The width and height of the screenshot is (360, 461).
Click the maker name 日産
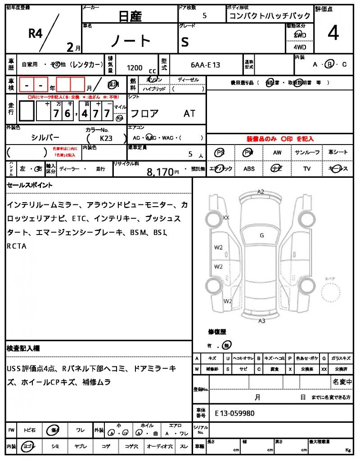[x=130, y=16]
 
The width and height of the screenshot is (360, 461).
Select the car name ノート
[x=131, y=41]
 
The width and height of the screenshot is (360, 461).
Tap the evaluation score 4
[x=333, y=34]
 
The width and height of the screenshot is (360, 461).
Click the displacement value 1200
[x=135, y=68]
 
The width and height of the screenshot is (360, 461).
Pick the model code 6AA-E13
[x=205, y=65]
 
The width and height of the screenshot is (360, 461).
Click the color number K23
[x=106, y=139]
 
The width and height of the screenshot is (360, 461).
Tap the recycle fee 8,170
[x=160, y=172]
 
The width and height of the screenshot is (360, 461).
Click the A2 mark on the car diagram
[x=261, y=192]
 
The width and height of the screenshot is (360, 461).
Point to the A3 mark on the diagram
[x=261, y=321]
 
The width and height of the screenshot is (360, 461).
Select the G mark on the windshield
[x=261, y=235]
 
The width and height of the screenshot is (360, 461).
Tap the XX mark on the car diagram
[x=226, y=217]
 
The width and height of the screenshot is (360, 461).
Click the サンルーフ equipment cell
[x=307, y=153]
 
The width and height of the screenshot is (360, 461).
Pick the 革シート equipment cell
[x=338, y=153]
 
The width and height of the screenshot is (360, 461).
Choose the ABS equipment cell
[x=249, y=169]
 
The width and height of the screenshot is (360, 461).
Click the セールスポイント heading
[x=30, y=185]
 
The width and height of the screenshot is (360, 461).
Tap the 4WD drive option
[x=300, y=47]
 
